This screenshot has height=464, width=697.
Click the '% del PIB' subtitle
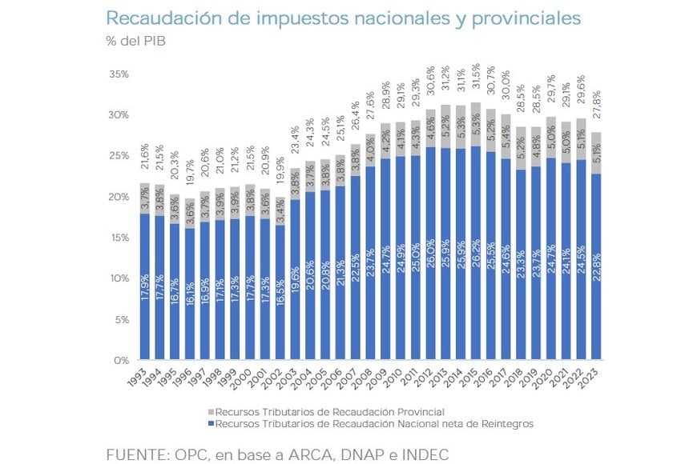point(135,40)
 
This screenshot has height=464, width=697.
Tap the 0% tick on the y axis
point(122,361)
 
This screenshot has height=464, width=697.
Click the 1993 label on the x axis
point(141,376)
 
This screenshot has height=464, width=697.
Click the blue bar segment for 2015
point(476,256)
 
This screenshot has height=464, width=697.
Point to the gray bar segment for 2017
point(506,136)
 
